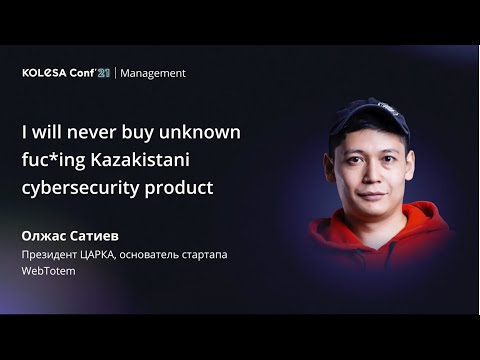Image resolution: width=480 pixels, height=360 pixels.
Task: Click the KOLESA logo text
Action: pyautogui.click(x=44, y=73)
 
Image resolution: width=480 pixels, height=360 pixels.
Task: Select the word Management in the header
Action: pyautogui.click(x=153, y=73)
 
